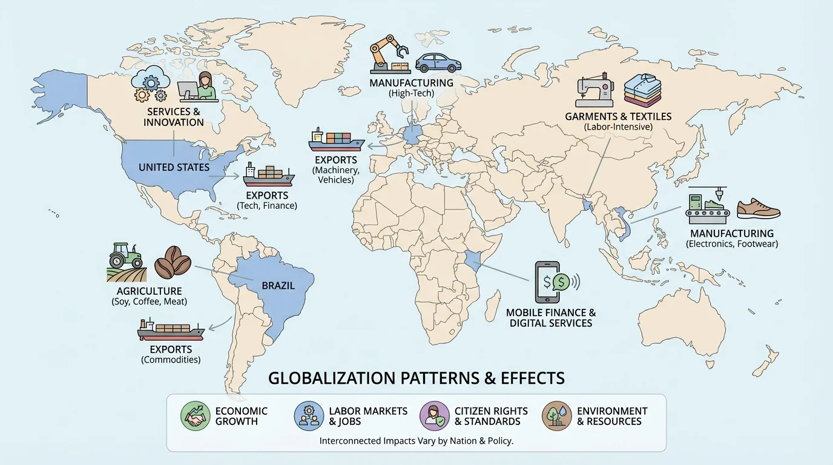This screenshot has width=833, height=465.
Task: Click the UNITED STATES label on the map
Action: click(x=174, y=167)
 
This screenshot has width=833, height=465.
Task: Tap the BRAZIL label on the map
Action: click(x=278, y=285)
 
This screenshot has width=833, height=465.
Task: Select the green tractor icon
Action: click(x=125, y=257)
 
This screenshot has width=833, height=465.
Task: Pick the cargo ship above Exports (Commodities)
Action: click(x=171, y=329)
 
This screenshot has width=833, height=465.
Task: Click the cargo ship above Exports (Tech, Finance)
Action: click(x=269, y=176)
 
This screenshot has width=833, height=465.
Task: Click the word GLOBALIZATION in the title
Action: click(x=332, y=378)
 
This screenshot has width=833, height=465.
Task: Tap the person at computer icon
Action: click(x=199, y=87)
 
